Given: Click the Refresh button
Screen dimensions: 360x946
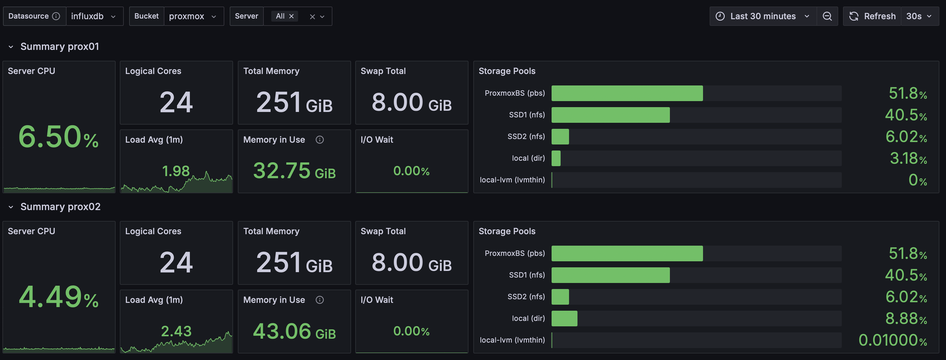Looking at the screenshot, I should [873, 16].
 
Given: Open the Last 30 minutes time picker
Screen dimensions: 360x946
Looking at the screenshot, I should [762, 16].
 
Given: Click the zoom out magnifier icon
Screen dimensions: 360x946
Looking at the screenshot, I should [827, 16].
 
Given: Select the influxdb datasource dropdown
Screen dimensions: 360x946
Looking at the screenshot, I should [94, 16].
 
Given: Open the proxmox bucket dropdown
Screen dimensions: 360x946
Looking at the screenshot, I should [193, 16].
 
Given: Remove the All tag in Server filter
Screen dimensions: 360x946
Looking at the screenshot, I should [291, 16].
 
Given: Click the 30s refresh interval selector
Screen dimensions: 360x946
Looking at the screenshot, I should [919, 16].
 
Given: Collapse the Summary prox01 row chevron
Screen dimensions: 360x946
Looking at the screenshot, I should [11, 47].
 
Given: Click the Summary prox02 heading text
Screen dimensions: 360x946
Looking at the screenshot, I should [61, 207].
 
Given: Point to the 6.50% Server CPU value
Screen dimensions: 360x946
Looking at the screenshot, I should [58, 137].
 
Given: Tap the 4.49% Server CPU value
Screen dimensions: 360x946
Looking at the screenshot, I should [58, 297].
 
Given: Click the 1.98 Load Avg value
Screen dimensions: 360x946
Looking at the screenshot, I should [175, 171].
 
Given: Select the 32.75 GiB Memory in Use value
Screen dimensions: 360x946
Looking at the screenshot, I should [294, 171].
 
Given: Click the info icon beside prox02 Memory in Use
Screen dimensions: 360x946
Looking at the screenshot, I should [320, 300].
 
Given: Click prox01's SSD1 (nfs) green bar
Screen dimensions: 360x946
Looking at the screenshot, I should [610, 115].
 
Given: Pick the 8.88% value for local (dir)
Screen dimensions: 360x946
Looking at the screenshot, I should [906, 318].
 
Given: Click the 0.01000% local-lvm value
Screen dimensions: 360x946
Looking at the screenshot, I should [892, 340].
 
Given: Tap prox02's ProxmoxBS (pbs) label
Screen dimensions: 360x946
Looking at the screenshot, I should [515, 254].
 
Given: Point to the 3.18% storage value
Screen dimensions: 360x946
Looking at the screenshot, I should [908, 158].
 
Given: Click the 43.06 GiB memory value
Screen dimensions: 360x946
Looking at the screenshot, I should [294, 331].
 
